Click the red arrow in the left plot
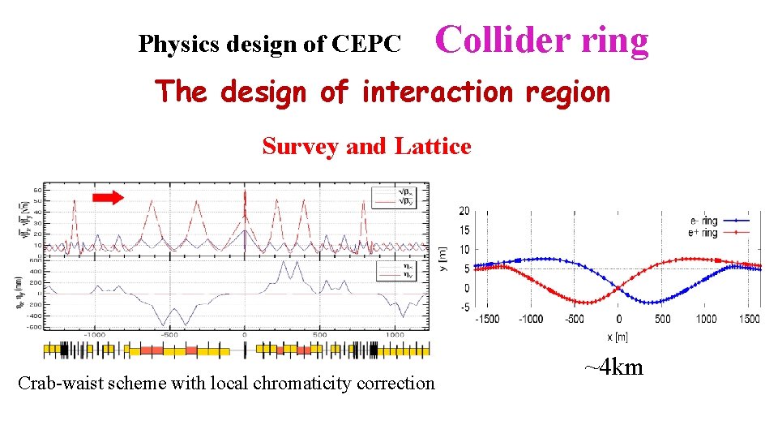(x=107, y=196)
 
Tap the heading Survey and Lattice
(x=366, y=147)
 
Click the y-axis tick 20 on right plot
(x=464, y=211)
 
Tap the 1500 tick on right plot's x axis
(x=750, y=319)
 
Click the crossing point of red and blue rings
(x=619, y=287)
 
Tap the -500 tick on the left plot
(x=169, y=334)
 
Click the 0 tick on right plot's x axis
(x=619, y=319)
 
